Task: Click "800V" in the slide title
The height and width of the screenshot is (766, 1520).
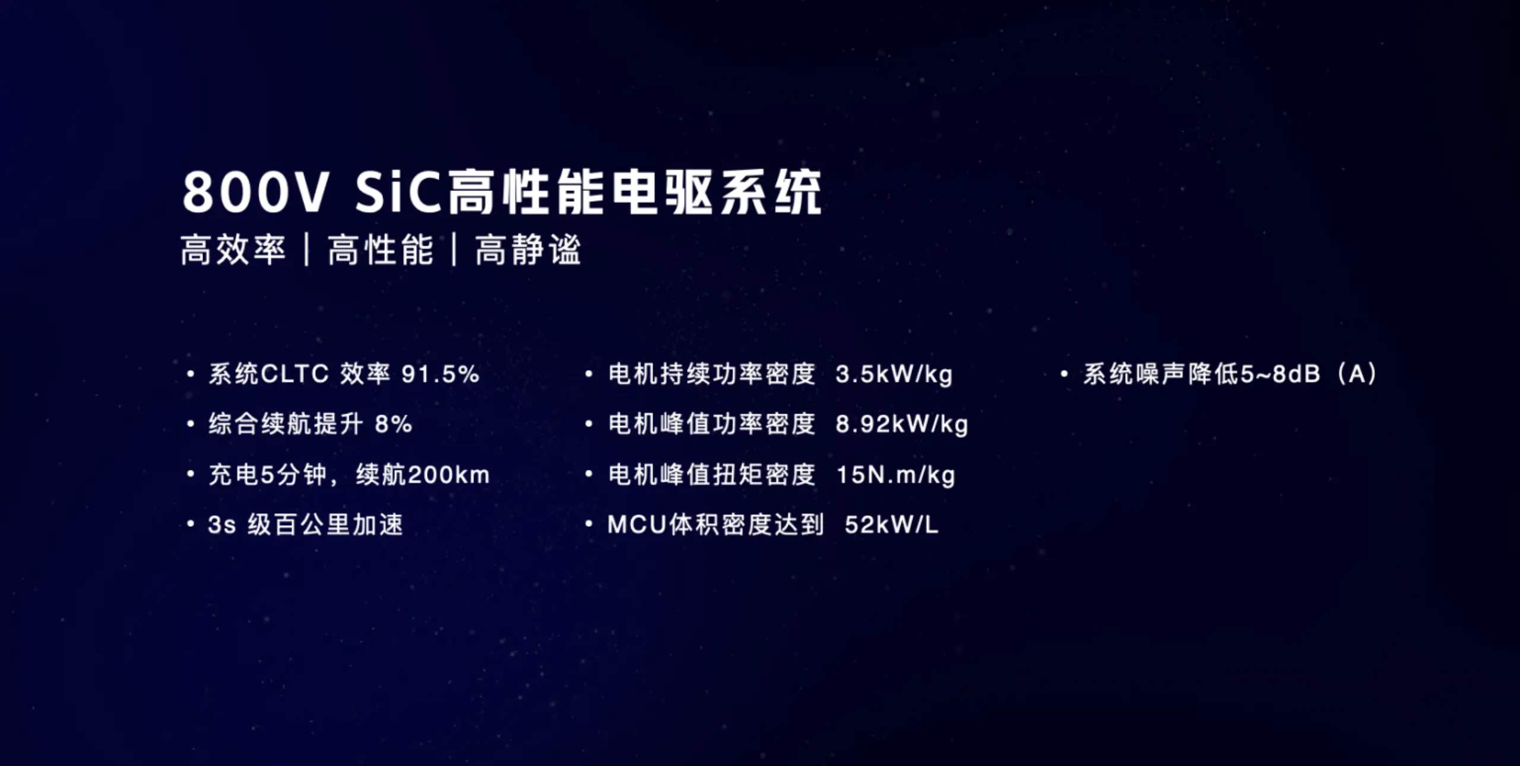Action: point(255,192)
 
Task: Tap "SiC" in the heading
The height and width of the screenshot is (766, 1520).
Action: point(398,192)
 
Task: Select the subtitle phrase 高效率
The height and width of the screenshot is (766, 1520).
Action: point(233,249)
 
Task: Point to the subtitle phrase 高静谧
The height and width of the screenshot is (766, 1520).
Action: point(528,249)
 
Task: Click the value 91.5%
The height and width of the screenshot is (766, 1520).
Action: point(440,374)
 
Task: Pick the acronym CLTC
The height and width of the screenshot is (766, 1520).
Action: point(294,374)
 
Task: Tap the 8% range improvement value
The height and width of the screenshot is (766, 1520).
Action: point(393,424)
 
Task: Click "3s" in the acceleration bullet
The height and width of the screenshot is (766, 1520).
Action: point(221,525)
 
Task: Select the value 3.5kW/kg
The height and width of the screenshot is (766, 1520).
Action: point(894,375)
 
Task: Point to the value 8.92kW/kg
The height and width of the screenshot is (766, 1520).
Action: point(901,425)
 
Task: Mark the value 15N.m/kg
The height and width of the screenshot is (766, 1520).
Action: point(895,475)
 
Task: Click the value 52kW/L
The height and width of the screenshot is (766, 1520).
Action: point(891,525)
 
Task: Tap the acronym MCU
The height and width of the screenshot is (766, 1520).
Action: point(637,525)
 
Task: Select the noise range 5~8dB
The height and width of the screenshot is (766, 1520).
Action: point(1280,374)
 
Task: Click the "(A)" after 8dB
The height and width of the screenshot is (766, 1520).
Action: point(1357,374)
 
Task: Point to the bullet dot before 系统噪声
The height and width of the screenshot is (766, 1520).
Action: point(1064,374)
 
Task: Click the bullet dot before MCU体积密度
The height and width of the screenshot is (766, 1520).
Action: point(588,525)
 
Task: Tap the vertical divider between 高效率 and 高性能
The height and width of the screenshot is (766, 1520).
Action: point(307,249)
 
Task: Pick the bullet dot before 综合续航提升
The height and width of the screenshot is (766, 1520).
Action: point(190,424)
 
